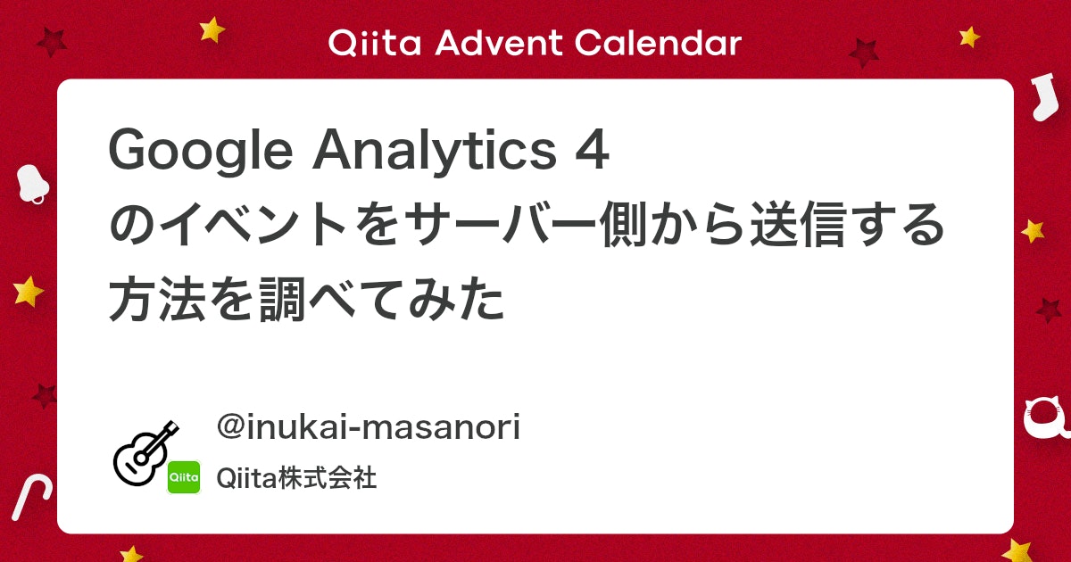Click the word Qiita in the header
pyautogui.click(x=375, y=44)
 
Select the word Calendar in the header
pyautogui.click(x=659, y=43)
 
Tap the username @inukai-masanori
pyautogui.click(x=368, y=426)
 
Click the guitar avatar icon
pyautogui.click(x=145, y=453)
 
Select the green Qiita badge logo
pyautogui.click(x=184, y=477)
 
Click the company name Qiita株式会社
pyautogui.click(x=296, y=478)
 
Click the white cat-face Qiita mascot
pyautogui.click(x=1047, y=418)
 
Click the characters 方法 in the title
pyautogui.click(x=158, y=300)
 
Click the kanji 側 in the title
pyautogui.click(x=626, y=225)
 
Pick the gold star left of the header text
pyautogui.click(x=212, y=29)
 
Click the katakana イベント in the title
pyautogui.click(x=253, y=225)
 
